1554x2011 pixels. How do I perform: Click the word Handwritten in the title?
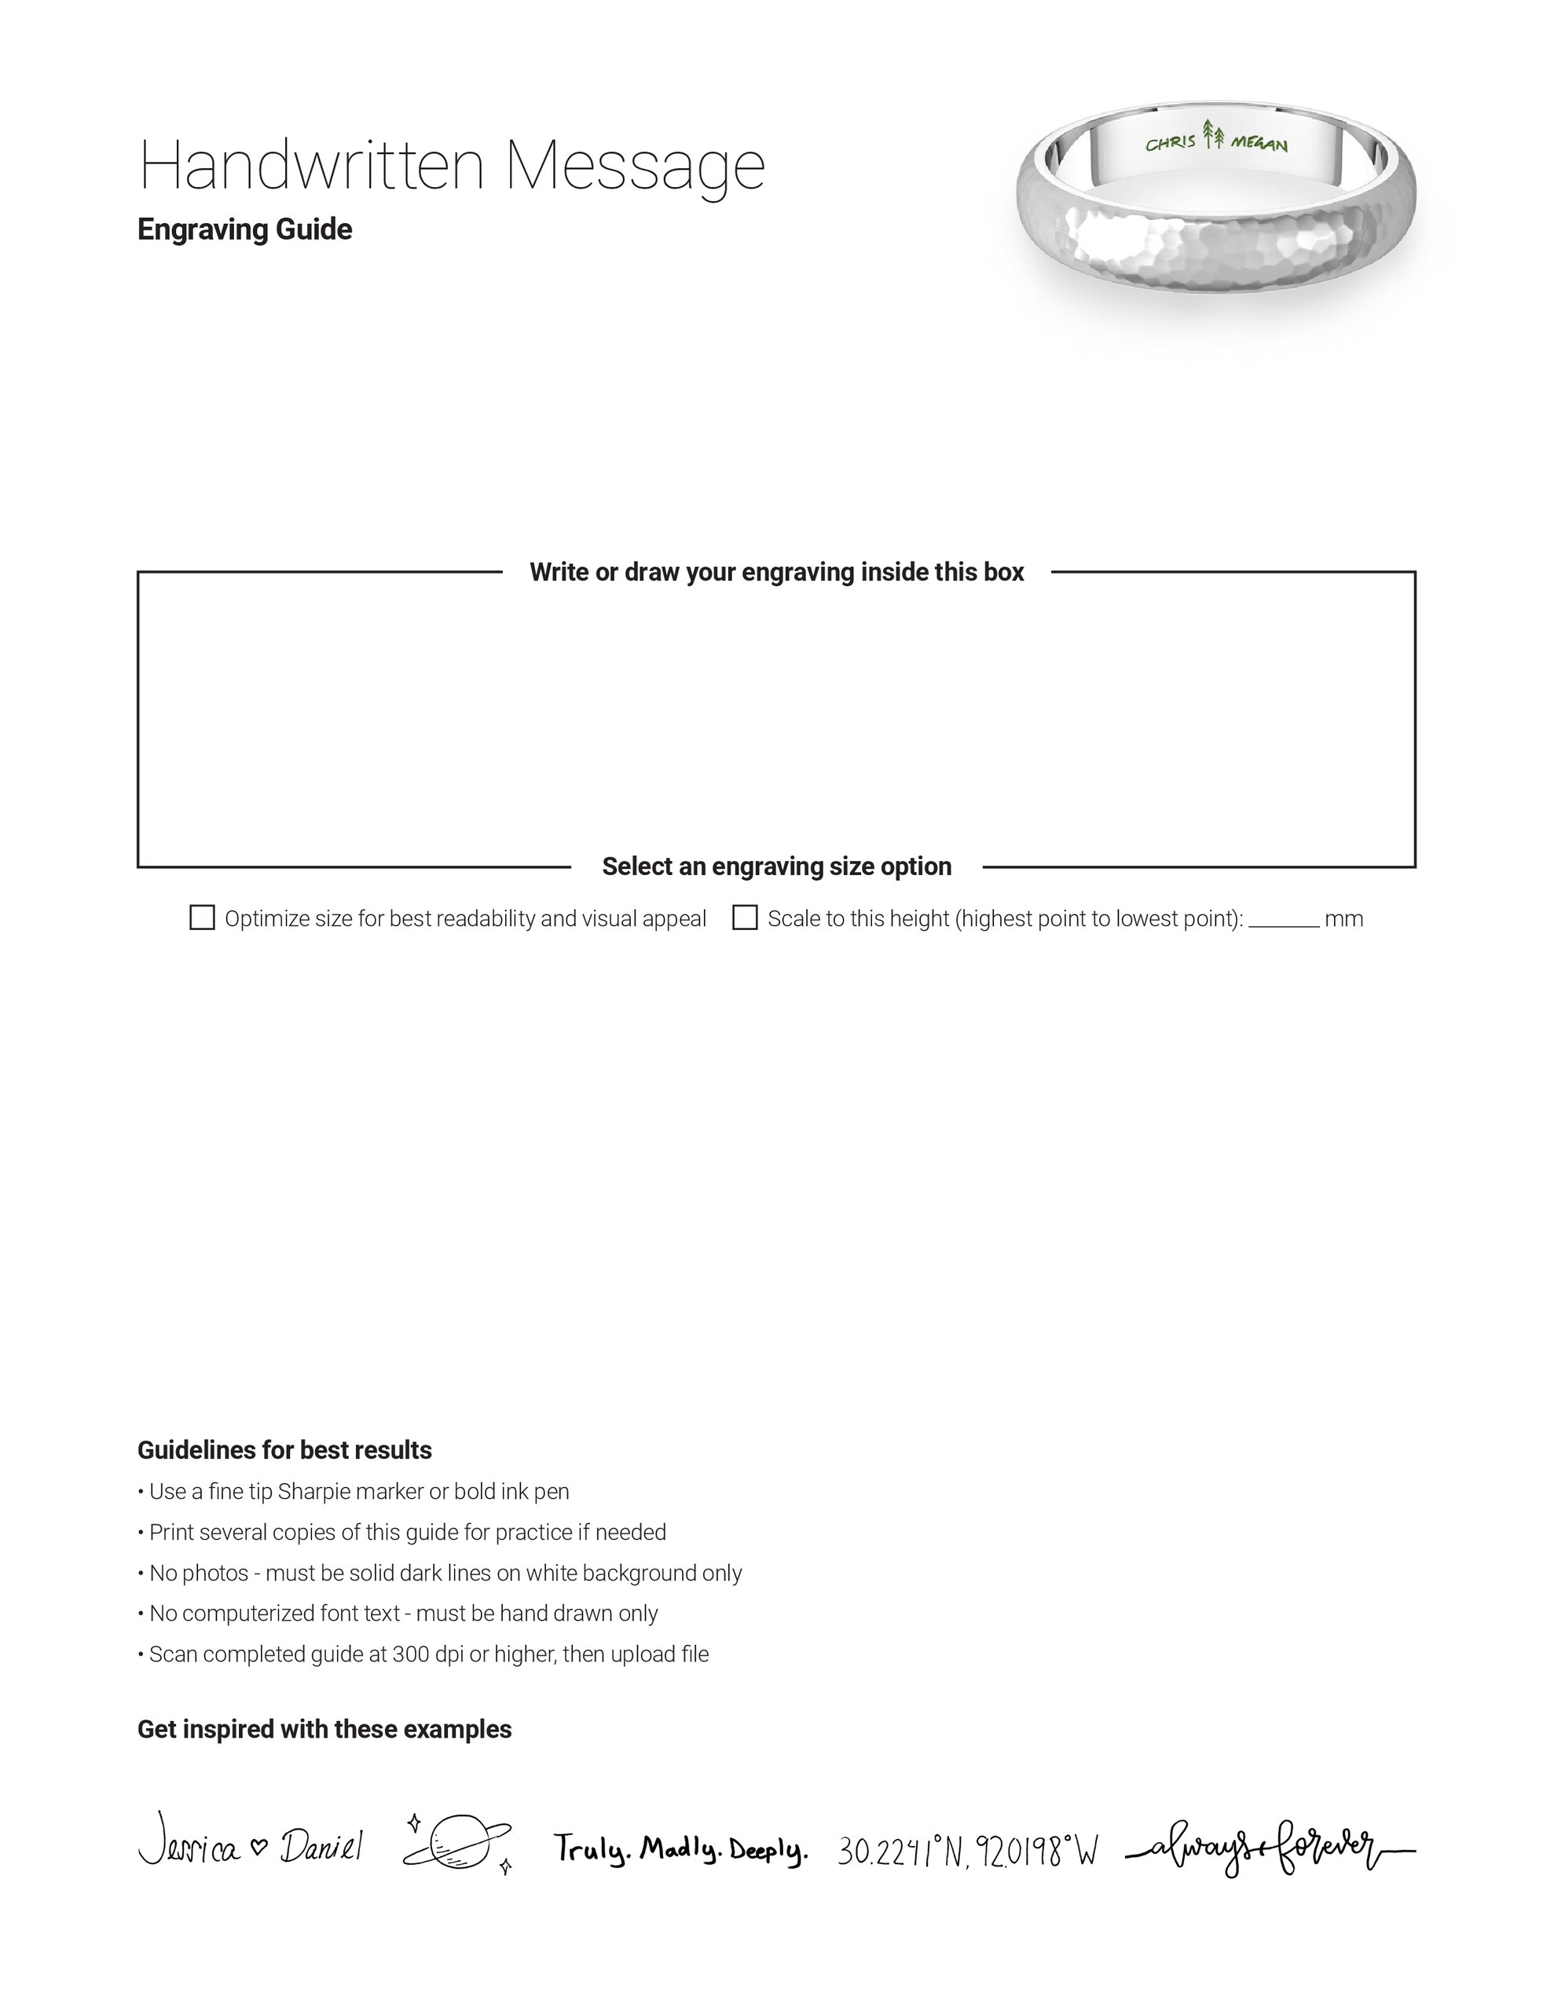[x=310, y=166]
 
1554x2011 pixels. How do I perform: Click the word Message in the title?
[x=635, y=167]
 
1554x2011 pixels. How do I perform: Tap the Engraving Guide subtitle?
[x=244, y=229]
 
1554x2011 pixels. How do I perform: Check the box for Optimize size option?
[x=202, y=918]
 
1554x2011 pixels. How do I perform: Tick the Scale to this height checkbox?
[x=744, y=918]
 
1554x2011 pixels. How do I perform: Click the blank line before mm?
[x=1283, y=924]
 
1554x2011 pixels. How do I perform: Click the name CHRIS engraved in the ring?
[x=1170, y=143]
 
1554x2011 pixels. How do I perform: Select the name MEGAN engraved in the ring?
[x=1259, y=145]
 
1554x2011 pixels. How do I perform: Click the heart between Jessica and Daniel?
[x=260, y=1846]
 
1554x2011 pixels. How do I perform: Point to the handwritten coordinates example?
[x=967, y=1849]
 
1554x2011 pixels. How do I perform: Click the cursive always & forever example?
[x=1270, y=1847]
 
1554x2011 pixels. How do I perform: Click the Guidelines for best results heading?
[x=284, y=1450]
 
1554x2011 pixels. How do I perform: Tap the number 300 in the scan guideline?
[x=410, y=1654]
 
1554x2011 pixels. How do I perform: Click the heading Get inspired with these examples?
[x=324, y=1729]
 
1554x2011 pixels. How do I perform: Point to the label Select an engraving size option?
[x=775, y=866]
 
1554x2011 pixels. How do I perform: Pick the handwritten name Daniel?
[x=321, y=1847]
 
